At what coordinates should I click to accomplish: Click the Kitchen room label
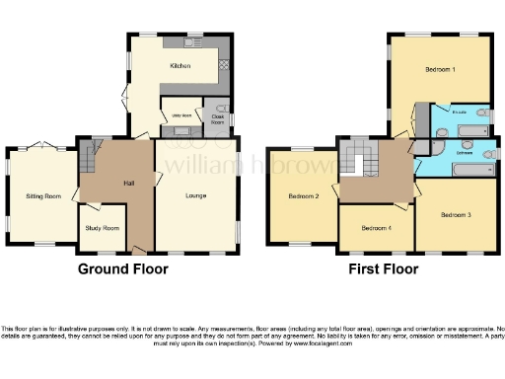pyautogui.click(x=180, y=66)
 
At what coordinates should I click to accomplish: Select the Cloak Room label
pyautogui.click(x=218, y=118)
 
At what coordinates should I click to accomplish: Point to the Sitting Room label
pyautogui.click(x=43, y=196)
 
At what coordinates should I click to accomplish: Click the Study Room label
pyautogui.click(x=102, y=228)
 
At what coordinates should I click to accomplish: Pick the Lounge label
pyautogui.click(x=195, y=195)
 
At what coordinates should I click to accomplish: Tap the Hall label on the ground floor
pyautogui.click(x=129, y=183)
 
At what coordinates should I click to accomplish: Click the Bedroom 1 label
pyautogui.click(x=440, y=70)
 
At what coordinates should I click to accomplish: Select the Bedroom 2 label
pyautogui.click(x=303, y=196)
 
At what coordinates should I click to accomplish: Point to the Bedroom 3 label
pyautogui.click(x=455, y=214)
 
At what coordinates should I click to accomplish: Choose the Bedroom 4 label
pyautogui.click(x=376, y=228)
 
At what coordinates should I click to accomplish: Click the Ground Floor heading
pyautogui.click(x=122, y=268)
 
